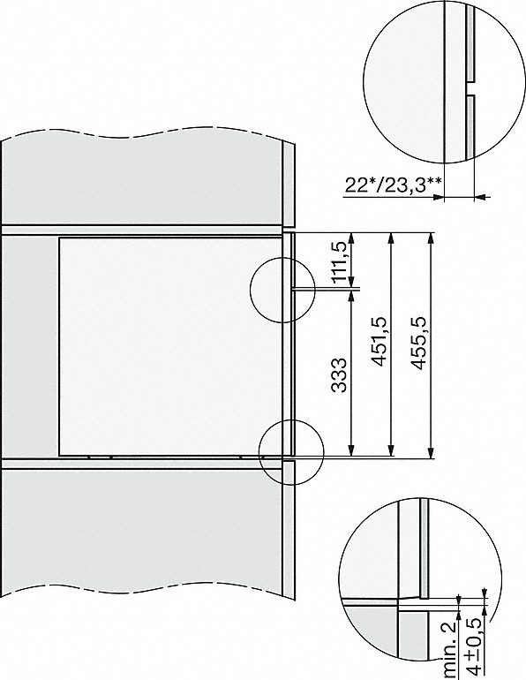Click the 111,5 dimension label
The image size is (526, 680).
(x=341, y=262)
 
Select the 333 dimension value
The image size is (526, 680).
(x=340, y=375)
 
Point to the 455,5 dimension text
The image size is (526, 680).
(x=418, y=343)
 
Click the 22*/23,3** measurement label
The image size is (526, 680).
(x=394, y=185)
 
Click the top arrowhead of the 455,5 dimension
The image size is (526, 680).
(x=431, y=238)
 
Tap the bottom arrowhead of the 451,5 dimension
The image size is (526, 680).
(x=392, y=451)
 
